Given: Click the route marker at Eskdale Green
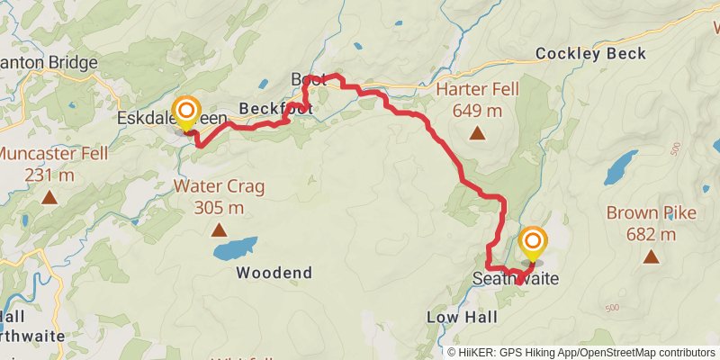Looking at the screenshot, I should pos(186,113).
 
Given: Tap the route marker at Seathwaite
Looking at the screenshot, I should pos(534,242).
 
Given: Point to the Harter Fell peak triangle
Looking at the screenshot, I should pos(477,134).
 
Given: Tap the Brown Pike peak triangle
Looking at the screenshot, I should pos(651,256).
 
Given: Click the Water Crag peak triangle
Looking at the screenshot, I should pos(219,229).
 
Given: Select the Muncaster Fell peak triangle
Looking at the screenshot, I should pos(48,196).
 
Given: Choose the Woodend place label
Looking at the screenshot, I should pos(274,273).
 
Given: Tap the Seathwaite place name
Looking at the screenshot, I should pos(516,280).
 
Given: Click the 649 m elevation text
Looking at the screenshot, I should pos(477,112).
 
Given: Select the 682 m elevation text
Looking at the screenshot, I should pos(651,235).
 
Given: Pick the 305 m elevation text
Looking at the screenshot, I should pos(219,208).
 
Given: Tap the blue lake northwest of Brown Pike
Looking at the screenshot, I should pos(621,167).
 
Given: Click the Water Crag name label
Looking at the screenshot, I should pos(219,187).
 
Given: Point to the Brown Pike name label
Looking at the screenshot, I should pos(651,214).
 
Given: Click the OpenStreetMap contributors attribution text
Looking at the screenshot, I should pos(645,353).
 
